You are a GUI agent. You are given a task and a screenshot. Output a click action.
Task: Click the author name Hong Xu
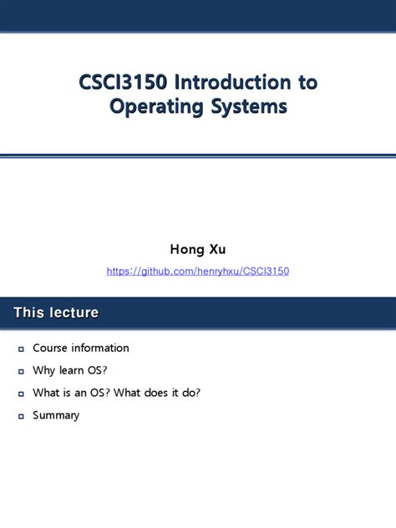(x=198, y=248)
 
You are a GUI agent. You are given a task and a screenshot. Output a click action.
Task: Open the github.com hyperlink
(x=198, y=272)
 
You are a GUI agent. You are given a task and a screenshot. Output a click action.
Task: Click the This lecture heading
(x=56, y=312)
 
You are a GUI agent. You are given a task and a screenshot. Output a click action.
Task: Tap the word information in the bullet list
(x=100, y=348)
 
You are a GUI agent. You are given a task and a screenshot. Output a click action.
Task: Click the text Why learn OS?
(x=71, y=370)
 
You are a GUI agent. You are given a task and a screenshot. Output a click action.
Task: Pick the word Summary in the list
(x=56, y=415)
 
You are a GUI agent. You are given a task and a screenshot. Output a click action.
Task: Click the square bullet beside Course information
(x=21, y=348)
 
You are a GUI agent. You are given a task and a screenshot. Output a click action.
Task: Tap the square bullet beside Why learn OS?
(x=21, y=371)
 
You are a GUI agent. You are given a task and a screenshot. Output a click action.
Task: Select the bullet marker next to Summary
(x=21, y=416)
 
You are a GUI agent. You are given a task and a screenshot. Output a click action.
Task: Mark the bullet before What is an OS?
(x=21, y=393)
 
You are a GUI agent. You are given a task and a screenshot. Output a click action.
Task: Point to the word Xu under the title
(x=216, y=248)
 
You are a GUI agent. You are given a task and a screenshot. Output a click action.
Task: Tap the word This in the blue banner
(x=28, y=312)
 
